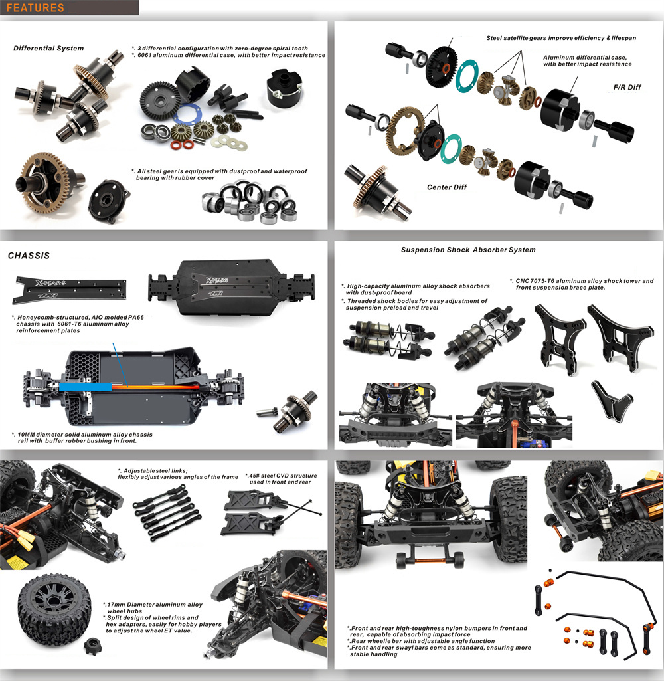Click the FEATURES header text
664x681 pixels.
[x=35, y=8]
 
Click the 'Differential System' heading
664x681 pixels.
[x=48, y=49]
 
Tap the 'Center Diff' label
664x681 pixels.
[x=447, y=187]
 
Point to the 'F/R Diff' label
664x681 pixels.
[x=627, y=87]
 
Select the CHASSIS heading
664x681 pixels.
[x=29, y=256]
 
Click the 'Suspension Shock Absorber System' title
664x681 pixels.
[x=468, y=250]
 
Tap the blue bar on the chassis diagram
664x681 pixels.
[x=85, y=387]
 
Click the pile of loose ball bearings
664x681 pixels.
[x=250, y=203]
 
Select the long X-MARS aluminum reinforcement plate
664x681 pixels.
[x=70, y=289]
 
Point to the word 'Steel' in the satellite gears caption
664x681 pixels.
[x=494, y=38]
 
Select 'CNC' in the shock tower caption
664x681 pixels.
[x=522, y=281]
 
